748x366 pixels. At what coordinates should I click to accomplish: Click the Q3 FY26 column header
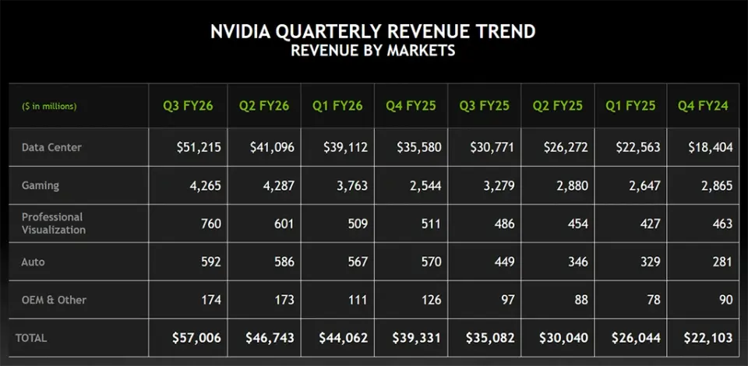pos(188,105)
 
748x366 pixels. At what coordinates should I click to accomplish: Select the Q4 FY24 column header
pos(704,105)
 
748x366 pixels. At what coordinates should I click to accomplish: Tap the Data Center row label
pos(51,147)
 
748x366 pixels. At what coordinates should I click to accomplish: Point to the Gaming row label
pos(40,186)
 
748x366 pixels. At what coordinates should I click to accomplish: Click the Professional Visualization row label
pos(54,223)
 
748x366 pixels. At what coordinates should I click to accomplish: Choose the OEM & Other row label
pos(54,300)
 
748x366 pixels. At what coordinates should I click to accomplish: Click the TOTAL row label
pos(31,338)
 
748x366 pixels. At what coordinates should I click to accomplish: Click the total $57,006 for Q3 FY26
pos(196,338)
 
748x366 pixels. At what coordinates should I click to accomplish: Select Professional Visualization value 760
pos(210,223)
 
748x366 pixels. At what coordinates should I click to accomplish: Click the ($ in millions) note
pos(49,106)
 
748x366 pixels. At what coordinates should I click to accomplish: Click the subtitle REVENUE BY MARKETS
pos(373,51)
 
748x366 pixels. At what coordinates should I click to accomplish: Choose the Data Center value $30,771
pos(492,147)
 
